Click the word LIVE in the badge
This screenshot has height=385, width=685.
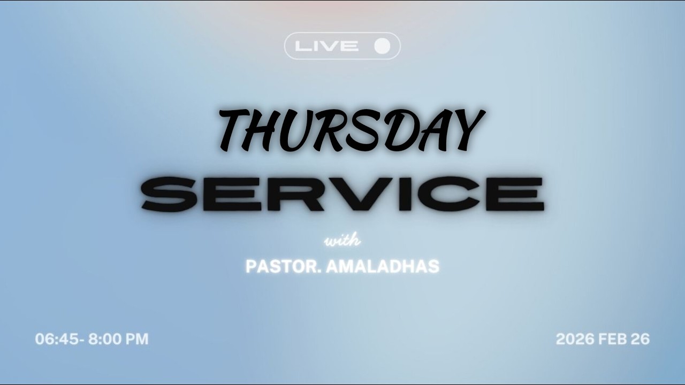(326, 46)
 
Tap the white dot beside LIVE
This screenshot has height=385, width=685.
(382, 46)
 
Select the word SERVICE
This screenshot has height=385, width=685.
(342, 194)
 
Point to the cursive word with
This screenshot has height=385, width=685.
(342, 241)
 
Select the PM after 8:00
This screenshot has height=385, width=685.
(136, 339)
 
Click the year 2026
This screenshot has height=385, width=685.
(575, 339)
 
